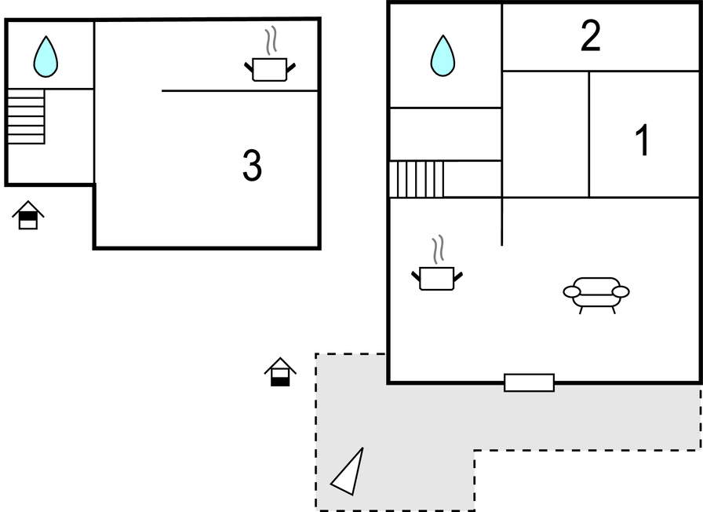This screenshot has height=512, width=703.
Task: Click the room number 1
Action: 643,141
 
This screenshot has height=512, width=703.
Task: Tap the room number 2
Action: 590,36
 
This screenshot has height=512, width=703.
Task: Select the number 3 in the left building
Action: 252,166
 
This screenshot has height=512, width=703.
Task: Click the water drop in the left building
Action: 46,57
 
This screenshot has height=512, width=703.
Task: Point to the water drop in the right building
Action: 443,56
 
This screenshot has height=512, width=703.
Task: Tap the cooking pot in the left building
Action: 270,69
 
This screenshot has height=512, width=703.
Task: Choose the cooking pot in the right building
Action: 437,278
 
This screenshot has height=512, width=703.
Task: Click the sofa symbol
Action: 596,293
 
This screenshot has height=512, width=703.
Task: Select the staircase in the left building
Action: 26,117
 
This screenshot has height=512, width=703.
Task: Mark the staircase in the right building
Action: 417,179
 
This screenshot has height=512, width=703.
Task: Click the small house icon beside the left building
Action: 28,214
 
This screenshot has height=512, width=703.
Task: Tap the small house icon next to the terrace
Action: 280,371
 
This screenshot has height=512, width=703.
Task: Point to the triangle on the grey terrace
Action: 350,473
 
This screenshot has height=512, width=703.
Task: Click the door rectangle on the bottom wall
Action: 529,382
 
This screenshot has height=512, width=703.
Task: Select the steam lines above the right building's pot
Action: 439,249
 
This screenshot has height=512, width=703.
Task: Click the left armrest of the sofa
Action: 572,292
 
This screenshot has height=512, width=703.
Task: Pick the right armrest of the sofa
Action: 621,292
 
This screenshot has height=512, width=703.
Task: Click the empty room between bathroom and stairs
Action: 445,134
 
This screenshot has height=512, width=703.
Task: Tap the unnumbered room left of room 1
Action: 545,134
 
